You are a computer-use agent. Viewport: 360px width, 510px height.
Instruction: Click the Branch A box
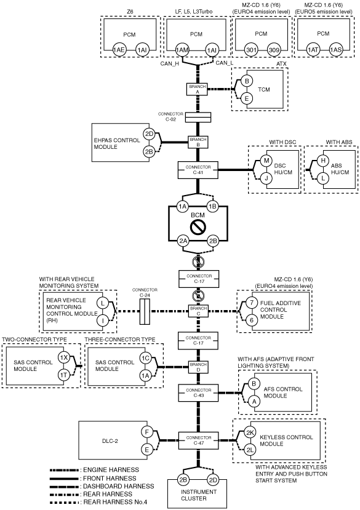(198, 89)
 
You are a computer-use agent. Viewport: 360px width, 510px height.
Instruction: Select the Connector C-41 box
(198, 170)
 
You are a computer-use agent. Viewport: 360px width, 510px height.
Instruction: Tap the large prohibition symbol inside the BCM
(198, 228)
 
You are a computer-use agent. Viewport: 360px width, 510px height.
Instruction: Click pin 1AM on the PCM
(182, 50)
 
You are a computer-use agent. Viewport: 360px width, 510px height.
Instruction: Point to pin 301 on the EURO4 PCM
(251, 50)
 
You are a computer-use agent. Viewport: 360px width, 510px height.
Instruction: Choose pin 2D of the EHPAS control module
(149, 133)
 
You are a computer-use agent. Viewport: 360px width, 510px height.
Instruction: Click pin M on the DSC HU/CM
(266, 160)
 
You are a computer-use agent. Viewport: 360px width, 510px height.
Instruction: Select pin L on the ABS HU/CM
(323, 178)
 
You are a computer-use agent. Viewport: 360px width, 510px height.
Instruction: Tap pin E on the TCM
(247, 98)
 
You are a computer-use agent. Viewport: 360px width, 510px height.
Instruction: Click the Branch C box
(199, 311)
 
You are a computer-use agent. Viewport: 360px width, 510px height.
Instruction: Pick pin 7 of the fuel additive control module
(252, 303)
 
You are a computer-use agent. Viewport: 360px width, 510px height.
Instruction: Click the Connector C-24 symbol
(145, 311)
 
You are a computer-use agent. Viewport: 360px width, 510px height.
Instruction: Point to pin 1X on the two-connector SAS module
(64, 358)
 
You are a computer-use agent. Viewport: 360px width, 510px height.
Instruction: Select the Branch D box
(198, 367)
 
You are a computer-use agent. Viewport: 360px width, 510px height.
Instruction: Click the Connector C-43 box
(198, 392)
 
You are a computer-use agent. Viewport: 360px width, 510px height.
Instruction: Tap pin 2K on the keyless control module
(250, 432)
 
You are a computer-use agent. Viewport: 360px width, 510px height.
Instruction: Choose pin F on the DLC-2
(147, 432)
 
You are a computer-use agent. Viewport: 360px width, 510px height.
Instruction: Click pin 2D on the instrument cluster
(213, 480)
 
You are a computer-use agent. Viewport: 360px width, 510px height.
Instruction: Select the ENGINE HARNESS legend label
(111, 469)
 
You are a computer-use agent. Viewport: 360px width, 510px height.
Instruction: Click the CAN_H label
(170, 64)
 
